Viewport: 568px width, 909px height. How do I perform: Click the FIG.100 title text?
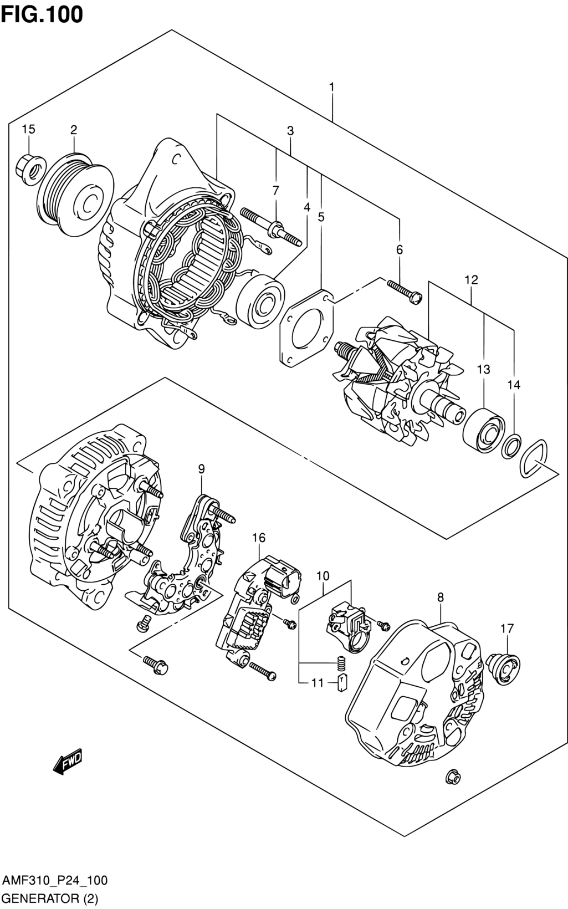tap(42, 14)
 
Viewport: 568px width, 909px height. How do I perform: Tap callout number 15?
tap(28, 129)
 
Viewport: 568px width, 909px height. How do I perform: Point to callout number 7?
tap(276, 190)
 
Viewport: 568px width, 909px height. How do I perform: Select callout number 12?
tap(472, 279)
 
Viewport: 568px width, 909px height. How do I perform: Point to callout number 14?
tap(514, 384)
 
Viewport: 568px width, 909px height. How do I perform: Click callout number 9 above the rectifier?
tap(201, 469)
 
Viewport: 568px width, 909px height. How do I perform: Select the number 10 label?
tap(323, 576)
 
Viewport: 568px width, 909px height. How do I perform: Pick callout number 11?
tap(318, 683)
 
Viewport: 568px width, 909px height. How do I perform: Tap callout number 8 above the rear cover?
tap(441, 597)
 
